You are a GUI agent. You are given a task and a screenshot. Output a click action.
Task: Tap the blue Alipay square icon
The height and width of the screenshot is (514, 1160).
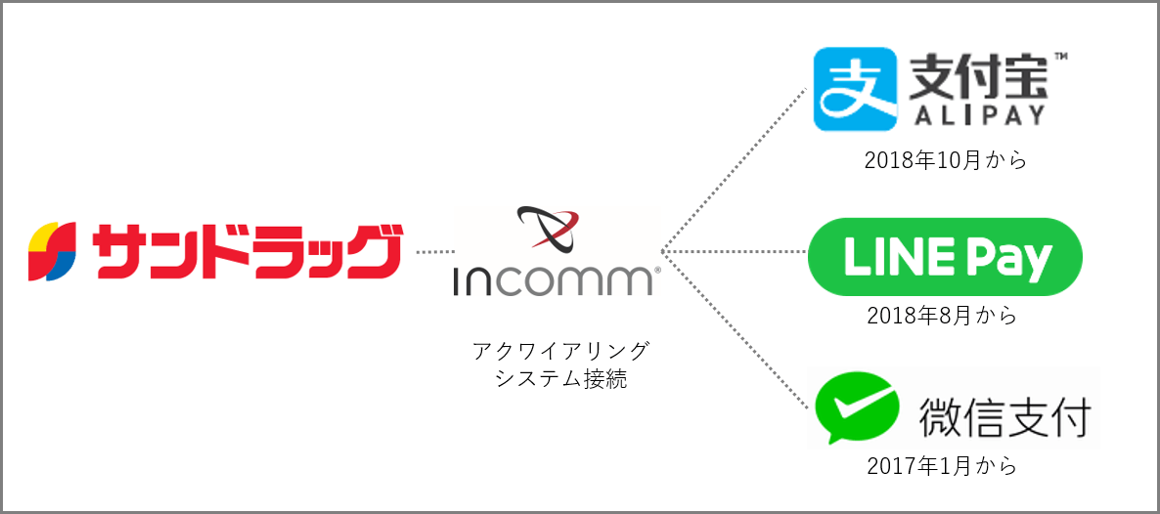[855, 89]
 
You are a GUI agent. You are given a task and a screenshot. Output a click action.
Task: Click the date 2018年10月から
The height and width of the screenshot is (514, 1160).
[946, 162]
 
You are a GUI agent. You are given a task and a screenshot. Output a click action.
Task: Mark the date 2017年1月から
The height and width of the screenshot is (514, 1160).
[942, 467]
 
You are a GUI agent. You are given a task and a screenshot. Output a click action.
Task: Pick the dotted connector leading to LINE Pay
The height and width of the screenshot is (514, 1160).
[734, 253]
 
